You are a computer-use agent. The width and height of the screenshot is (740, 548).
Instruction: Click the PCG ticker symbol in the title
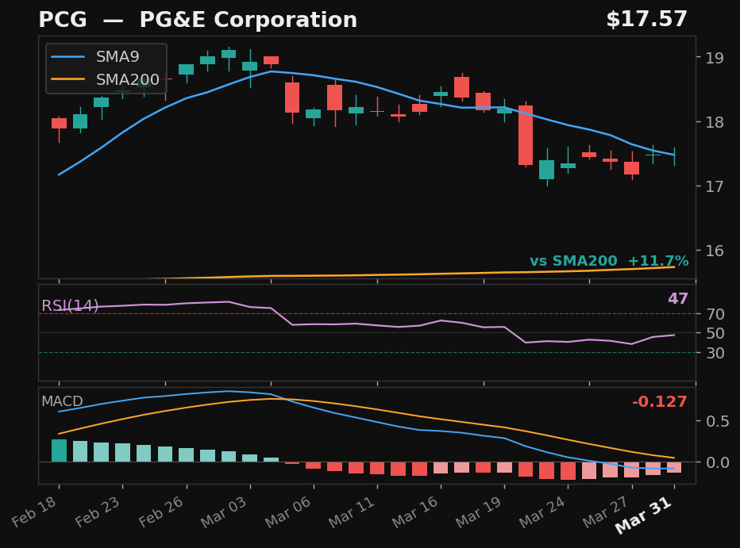tap(63, 21)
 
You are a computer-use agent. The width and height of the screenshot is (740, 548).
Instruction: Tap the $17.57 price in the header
tap(646, 20)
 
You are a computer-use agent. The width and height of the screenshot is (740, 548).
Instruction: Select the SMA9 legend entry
tap(118, 57)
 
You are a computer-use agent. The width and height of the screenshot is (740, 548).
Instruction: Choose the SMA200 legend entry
tap(127, 80)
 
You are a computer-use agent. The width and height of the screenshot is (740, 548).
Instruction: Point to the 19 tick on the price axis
tap(710, 57)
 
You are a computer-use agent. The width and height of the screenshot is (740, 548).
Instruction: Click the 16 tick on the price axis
tap(710, 251)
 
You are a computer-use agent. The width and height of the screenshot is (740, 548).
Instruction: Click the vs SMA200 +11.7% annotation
tap(609, 262)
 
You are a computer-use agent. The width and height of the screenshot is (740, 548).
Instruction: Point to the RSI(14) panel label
tap(70, 306)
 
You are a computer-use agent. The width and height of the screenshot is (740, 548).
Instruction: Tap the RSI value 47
tap(677, 299)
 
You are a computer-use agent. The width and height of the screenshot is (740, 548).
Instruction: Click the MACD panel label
tap(62, 402)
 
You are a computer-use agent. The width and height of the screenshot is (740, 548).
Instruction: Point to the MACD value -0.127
tap(659, 402)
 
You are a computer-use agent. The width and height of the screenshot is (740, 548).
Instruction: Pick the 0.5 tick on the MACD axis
tap(713, 421)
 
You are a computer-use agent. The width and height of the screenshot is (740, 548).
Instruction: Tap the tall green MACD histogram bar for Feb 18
tap(60, 450)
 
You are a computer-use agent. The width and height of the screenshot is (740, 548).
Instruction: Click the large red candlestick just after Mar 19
tap(526, 136)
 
